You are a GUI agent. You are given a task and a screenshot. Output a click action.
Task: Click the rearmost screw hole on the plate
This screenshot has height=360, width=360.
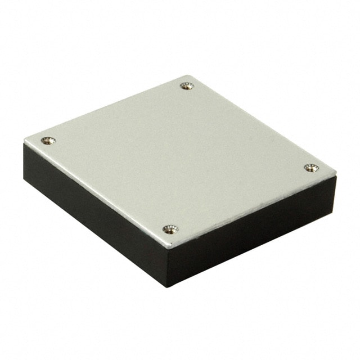click(187, 86)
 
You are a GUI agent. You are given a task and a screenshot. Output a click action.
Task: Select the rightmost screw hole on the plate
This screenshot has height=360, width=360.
click(311, 168)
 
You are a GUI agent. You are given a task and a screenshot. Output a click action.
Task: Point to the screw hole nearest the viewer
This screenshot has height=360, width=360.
click(170, 229)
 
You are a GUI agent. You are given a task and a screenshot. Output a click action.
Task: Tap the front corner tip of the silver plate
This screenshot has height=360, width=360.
click(167, 248)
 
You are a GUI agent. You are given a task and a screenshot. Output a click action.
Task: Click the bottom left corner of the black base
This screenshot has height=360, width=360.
click(25, 180)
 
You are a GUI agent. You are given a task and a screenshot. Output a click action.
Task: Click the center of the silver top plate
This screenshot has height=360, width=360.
click(180, 157)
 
